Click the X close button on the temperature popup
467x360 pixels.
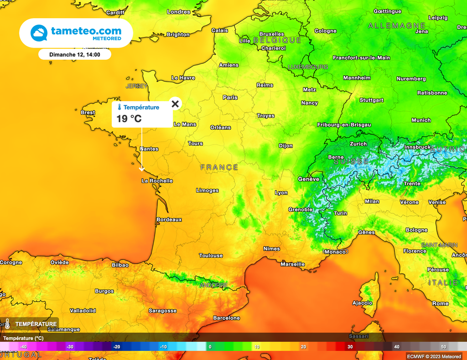pyautogui.click(x=175, y=104)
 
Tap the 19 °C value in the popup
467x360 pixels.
pyautogui.click(x=129, y=119)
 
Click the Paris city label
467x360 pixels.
pyautogui.click(x=230, y=98)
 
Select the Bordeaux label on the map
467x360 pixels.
pyautogui.click(x=169, y=220)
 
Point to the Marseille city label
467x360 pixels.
pyautogui.click(x=293, y=264)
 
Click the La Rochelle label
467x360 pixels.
pyautogui.click(x=157, y=181)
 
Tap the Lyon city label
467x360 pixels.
pyautogui.click(x=281, y=193)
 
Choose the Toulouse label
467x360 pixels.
pyautogui.click(x=211, y=256)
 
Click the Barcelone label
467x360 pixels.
pyautogui.click(x=227, y=318)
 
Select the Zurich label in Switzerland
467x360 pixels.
pyautogui.click(x=358, y=144)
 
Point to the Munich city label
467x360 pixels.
pyautogui.click(x=421, y=120)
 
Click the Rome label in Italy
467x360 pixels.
pyautogui.click(x=441, y=303)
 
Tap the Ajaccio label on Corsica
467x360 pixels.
pyautogui.click(x=363, y=303)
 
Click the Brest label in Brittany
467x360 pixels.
pyautogui.click(x=88, y=113)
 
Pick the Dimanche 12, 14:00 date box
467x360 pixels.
pyautogui.click(x=74, y=55)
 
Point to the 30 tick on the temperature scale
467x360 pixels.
pyautogui.click(x=350, y=347)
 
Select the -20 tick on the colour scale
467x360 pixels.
pyautogui.click(x=116, y=347)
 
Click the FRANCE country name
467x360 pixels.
pyautogui.click(x=219, y=168)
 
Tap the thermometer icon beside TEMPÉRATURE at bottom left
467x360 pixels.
pyautogui.click(x=7, y=324)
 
